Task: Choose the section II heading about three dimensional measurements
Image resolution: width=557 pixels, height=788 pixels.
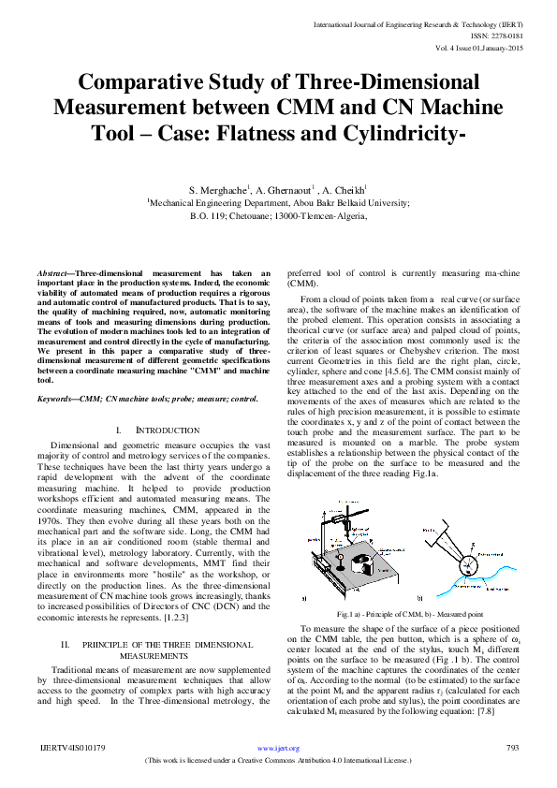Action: coord(157,624)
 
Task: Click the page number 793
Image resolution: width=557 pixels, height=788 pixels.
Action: coord(511,748)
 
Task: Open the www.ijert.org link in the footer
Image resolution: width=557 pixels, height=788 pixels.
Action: coord(278,748)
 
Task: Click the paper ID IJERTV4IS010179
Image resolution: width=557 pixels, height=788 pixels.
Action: coord(71,748)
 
